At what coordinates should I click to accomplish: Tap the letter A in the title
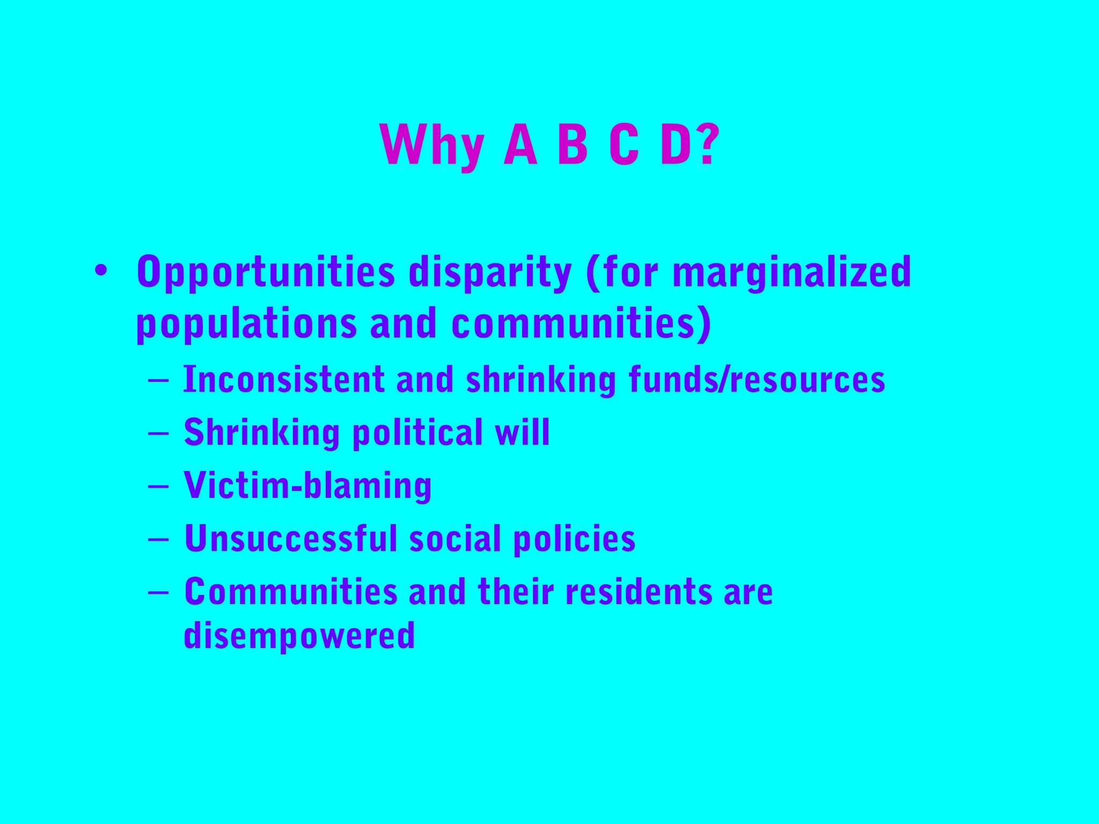(x=520, y=145)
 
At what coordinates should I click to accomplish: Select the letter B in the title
(x=573, y=145)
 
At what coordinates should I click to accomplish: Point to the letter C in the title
(x=624, y=145)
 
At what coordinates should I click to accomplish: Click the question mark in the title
(x=707, y=145)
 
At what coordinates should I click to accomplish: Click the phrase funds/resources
(x=757, y=379)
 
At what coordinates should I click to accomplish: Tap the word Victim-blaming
(x=307, y=485)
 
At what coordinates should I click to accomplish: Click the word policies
(x=574, y=539)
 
